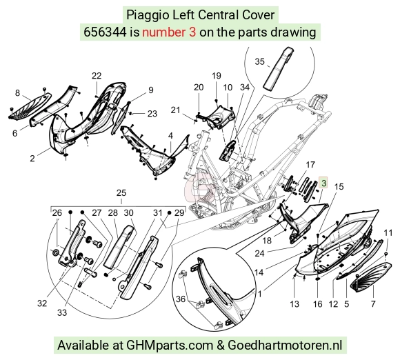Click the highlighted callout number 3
pyautogui.click(x=323, y=183)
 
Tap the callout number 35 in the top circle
pyautogui.click(x=260, y=61)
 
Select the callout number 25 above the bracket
pyautogui.click(x=121, y=192)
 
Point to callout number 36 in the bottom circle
pyautogui.click(x=181, y=299)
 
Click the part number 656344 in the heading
pyautogui.click(x=105, y=32)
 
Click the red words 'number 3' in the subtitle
pyautogui.click(x=169, y=32)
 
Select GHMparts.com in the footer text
pyautogui.click(x=170, y=346)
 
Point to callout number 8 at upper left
pyautogui.click(x=17, y=93)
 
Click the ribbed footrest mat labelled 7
pyautogui.click(x=371, y=277)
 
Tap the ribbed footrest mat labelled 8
pyautogui.click(x=30, y=106)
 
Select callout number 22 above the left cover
pyautogui.click(x=97, y=76)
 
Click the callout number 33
pyautogui.click(x=62, y=312)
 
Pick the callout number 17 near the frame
pyautogui.click(x=310, y=165)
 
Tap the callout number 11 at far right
pyautogui.click(x=388, y=232)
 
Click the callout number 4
pyautogui.click(x=170, y=135)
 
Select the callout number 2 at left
pyautogui.click(x=32, y=158)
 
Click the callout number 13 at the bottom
pyautogui.click(x=294, y=303)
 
